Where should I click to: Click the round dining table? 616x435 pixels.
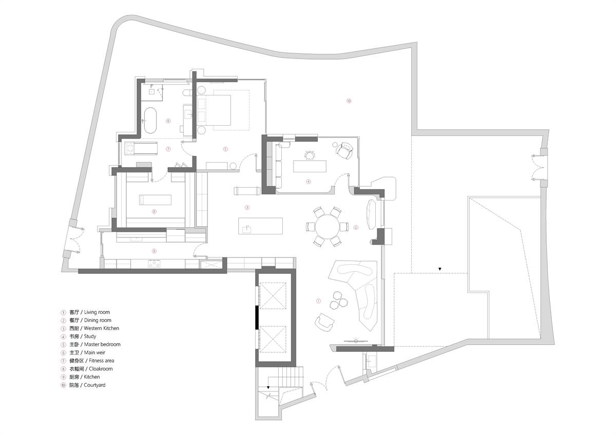(328, 227)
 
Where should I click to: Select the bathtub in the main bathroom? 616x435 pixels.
(150, 121)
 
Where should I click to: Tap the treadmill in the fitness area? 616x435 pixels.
(141, 148)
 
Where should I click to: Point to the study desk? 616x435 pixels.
(310, 166)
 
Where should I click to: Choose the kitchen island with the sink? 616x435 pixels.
(260, 226)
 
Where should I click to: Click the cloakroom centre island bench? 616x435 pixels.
(155, 200)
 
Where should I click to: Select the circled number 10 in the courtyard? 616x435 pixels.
(349, 101)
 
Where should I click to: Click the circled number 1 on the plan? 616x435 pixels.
(318, 301)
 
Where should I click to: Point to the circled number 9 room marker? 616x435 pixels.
(154, 251)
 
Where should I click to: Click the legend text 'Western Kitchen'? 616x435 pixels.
(102, 328)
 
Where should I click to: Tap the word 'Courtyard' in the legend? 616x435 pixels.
(94, 385)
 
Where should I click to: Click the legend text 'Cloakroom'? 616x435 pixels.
(101, 369)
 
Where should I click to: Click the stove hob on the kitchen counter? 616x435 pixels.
(154, 264)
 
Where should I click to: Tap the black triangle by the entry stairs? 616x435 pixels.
(268, 387)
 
